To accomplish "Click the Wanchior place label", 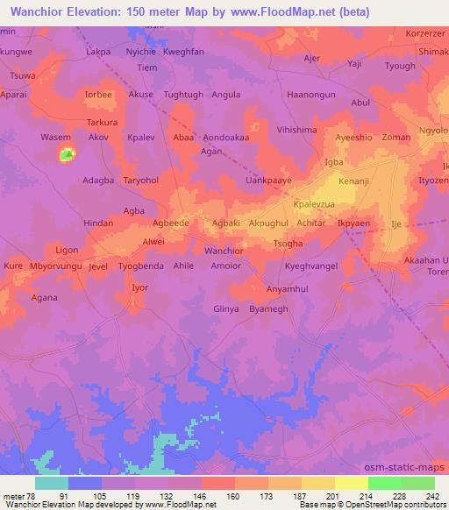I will [x=224, y=251].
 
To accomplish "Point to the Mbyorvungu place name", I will [x=55, y=264].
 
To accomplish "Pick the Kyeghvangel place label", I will [x=310, y=264].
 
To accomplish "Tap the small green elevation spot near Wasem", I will [x=67, y=156].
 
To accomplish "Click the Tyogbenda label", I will [x=141, y=264].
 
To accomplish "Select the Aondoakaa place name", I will [x=226, y=138].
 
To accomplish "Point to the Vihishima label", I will [x=296, y=130].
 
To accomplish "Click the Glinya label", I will [x=226, y=309].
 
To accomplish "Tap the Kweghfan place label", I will [x=183, y=53].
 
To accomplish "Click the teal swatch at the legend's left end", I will [x=52, y=483].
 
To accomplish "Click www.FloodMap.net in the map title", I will [x=296, y=11].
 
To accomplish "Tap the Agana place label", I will [x=44, y=297].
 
